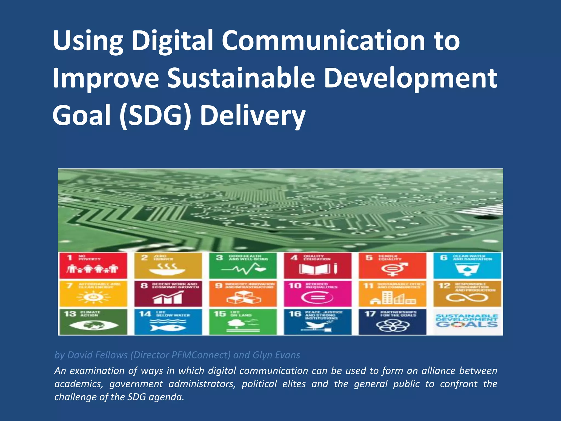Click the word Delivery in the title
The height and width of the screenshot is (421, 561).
pos(253,116)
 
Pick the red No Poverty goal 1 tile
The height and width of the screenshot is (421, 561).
pos(93,265)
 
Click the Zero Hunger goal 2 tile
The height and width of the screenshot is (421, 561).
pos(168,265)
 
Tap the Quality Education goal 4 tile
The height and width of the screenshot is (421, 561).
pos(317,265)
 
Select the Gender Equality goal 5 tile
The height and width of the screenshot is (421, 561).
pos(392,265)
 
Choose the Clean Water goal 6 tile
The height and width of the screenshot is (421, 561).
pos(467,265)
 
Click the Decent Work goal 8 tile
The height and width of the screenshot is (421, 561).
pos(168,294)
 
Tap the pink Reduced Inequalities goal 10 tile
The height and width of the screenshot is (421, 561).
pos(317,294)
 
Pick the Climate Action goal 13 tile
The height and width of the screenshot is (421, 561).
pos(93,322)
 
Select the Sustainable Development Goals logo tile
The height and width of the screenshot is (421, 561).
pos(467,322)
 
